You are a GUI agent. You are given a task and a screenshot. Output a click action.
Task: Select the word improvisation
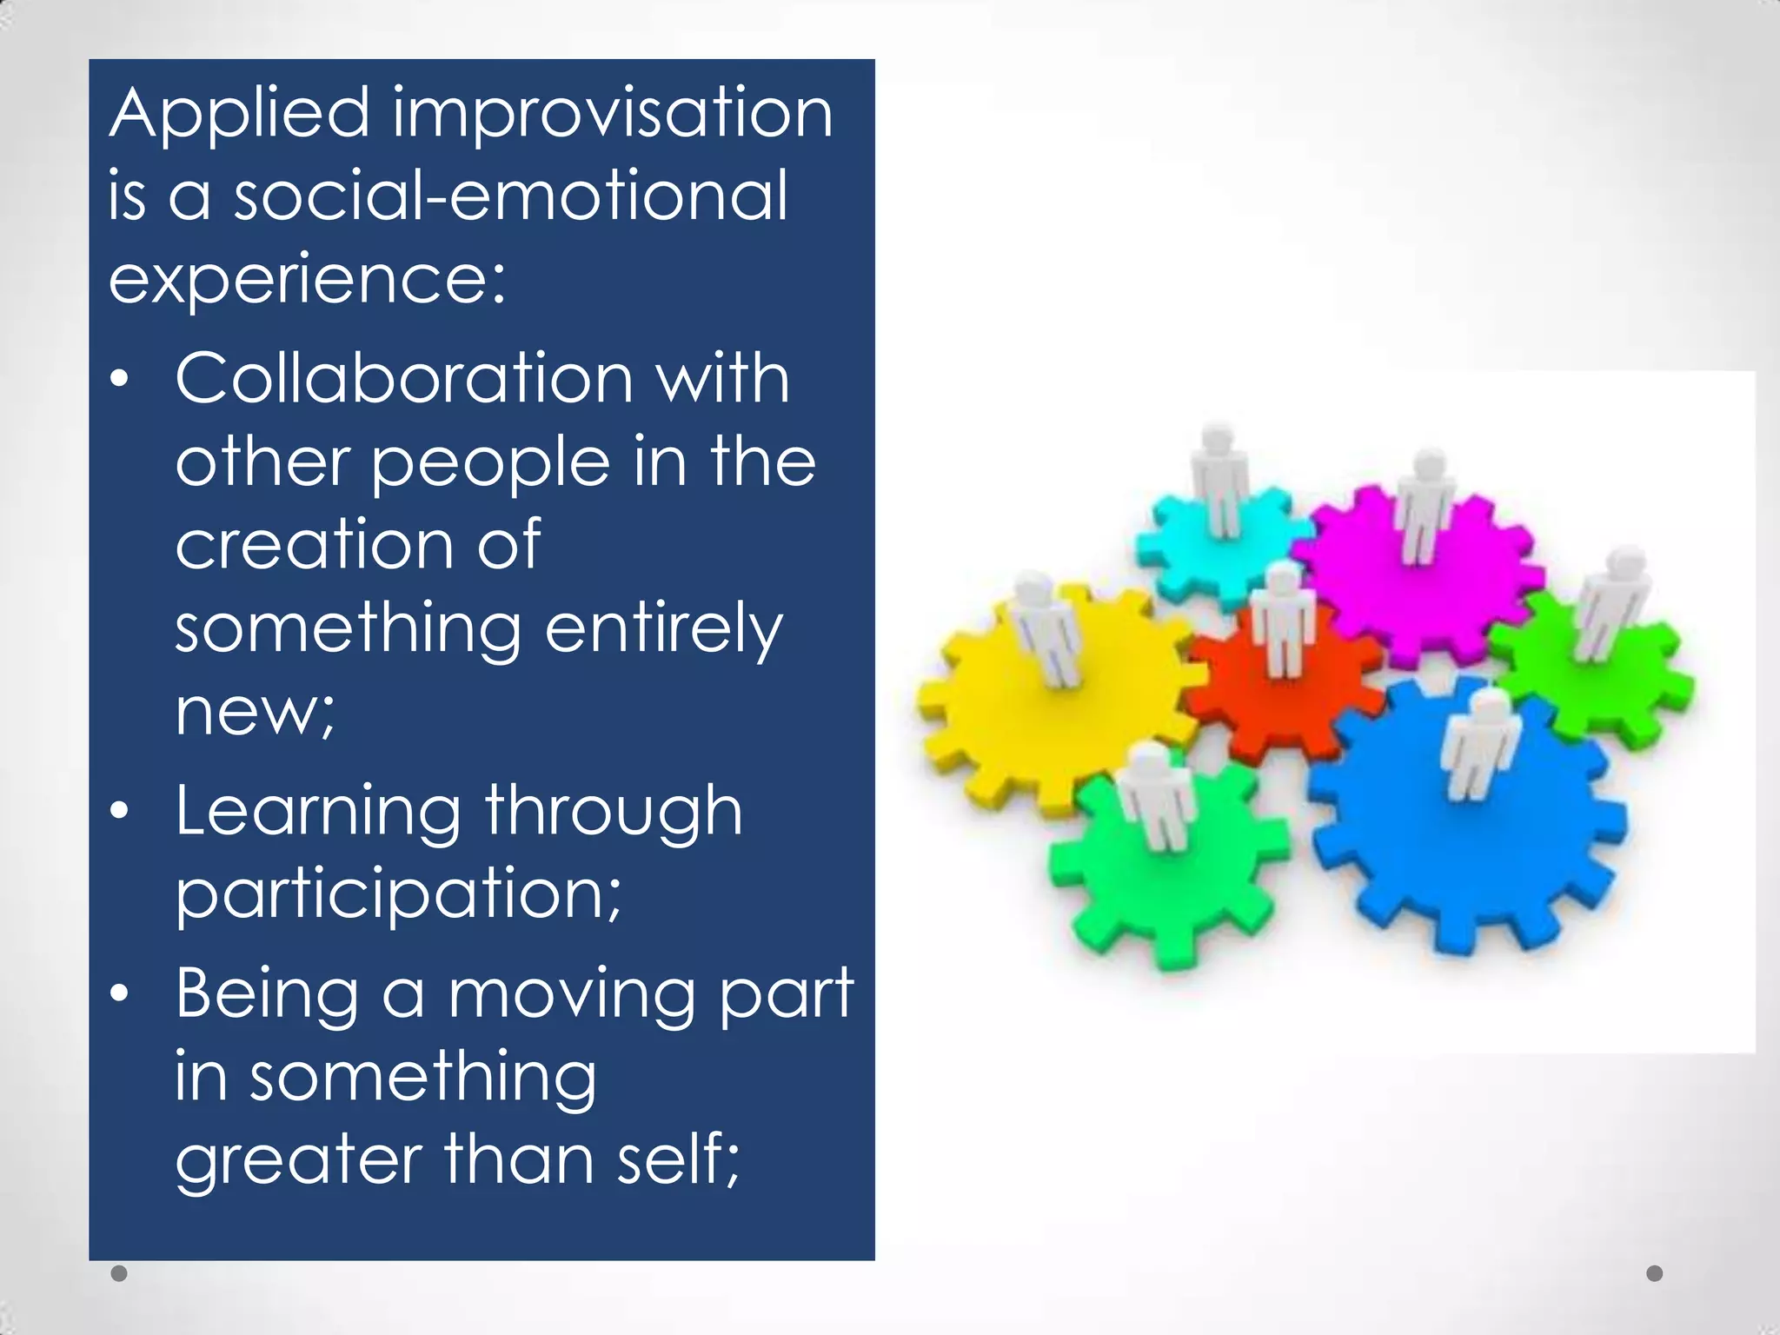coord(613,115)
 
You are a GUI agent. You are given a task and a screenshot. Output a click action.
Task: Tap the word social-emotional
coord(510,196)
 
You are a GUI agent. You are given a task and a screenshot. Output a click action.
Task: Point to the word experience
coord(300,280)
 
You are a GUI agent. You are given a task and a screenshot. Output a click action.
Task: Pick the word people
coord(491,462)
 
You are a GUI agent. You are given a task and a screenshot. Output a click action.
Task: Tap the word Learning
coord(317,812)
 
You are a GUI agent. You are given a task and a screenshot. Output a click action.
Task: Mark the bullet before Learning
coord(120,812)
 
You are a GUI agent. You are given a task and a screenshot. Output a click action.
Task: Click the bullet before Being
coord(120,993)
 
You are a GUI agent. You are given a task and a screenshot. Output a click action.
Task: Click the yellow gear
coord(1043,704)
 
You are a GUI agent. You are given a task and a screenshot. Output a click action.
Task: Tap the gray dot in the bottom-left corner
coord(120,1273)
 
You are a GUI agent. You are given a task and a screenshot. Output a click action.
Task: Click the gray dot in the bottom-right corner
coord(1655,1273)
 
